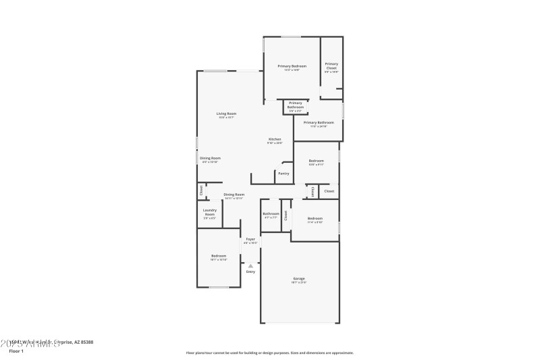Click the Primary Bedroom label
point(292,66)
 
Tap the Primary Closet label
point(331,66)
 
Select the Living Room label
point(226,113)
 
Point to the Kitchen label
point(275,139)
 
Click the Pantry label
point(283,174)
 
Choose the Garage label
point(298,278)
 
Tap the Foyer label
point(250,239)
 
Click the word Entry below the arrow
point(250,272)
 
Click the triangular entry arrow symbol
point(250,265)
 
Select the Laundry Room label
point(209,212)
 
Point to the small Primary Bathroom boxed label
point(296,105)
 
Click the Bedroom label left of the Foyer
point(219,256)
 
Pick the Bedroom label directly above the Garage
point(315,218)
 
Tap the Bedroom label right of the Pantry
point(317,161)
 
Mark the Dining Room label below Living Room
point(210,158)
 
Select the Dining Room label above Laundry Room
point(234,195)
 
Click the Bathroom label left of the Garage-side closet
point(270,214)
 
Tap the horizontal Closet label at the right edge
point(329,191)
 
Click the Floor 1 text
point(16,351)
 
